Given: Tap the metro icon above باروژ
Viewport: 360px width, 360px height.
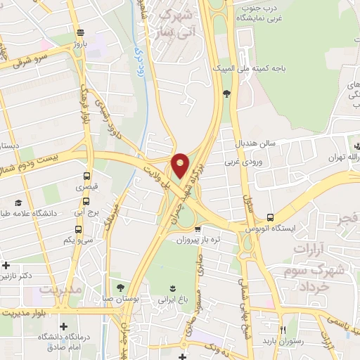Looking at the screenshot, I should pyautogui.click(x=81, y=32).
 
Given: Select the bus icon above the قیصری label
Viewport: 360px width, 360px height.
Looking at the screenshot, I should pyautogui.click(x=86, y=176).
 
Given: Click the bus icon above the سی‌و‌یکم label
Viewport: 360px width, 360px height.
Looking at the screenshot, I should pyautogui.click(x=77, y=229).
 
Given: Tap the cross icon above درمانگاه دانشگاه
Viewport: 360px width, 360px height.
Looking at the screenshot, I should pyautogui.click(x=64, y=327).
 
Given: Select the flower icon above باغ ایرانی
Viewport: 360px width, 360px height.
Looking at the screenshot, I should pyautogui.click(x=172, y=288).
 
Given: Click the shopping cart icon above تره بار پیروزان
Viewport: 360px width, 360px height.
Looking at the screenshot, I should pyautogui.click(x=198, y=229).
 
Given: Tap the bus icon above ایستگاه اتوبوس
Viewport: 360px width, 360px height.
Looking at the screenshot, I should pyautogui.click(x=270, y=218).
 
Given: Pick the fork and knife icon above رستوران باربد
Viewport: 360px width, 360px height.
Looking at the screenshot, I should pyautogui.click(x=284, y=330).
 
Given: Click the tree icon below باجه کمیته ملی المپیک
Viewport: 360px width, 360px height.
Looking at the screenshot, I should pyautogui.click(x=226, y=93).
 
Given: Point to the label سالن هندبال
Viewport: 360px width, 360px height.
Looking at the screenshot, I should pyautogui.click(x=259, y=143).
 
